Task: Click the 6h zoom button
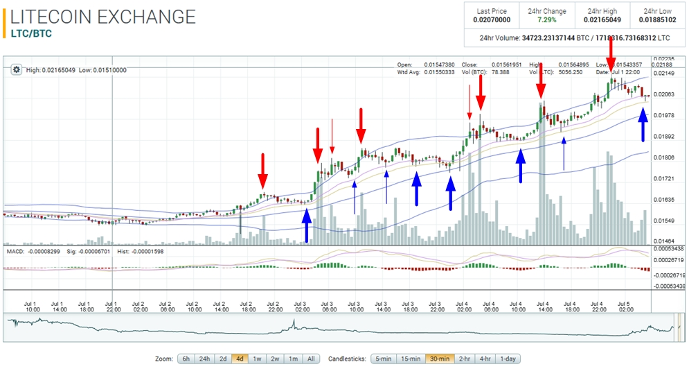(x=186, y=359)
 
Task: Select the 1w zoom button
(x=256, y=359)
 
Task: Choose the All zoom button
(x=310, y=359)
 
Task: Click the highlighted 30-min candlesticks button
(x=440, y=359)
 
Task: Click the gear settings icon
(x=17, y=69)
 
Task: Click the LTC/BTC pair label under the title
(x=31, y=33)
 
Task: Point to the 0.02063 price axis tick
(x=665, y=94)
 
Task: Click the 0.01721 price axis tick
(x=665, y=179)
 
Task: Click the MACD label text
(x=15, y=250)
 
